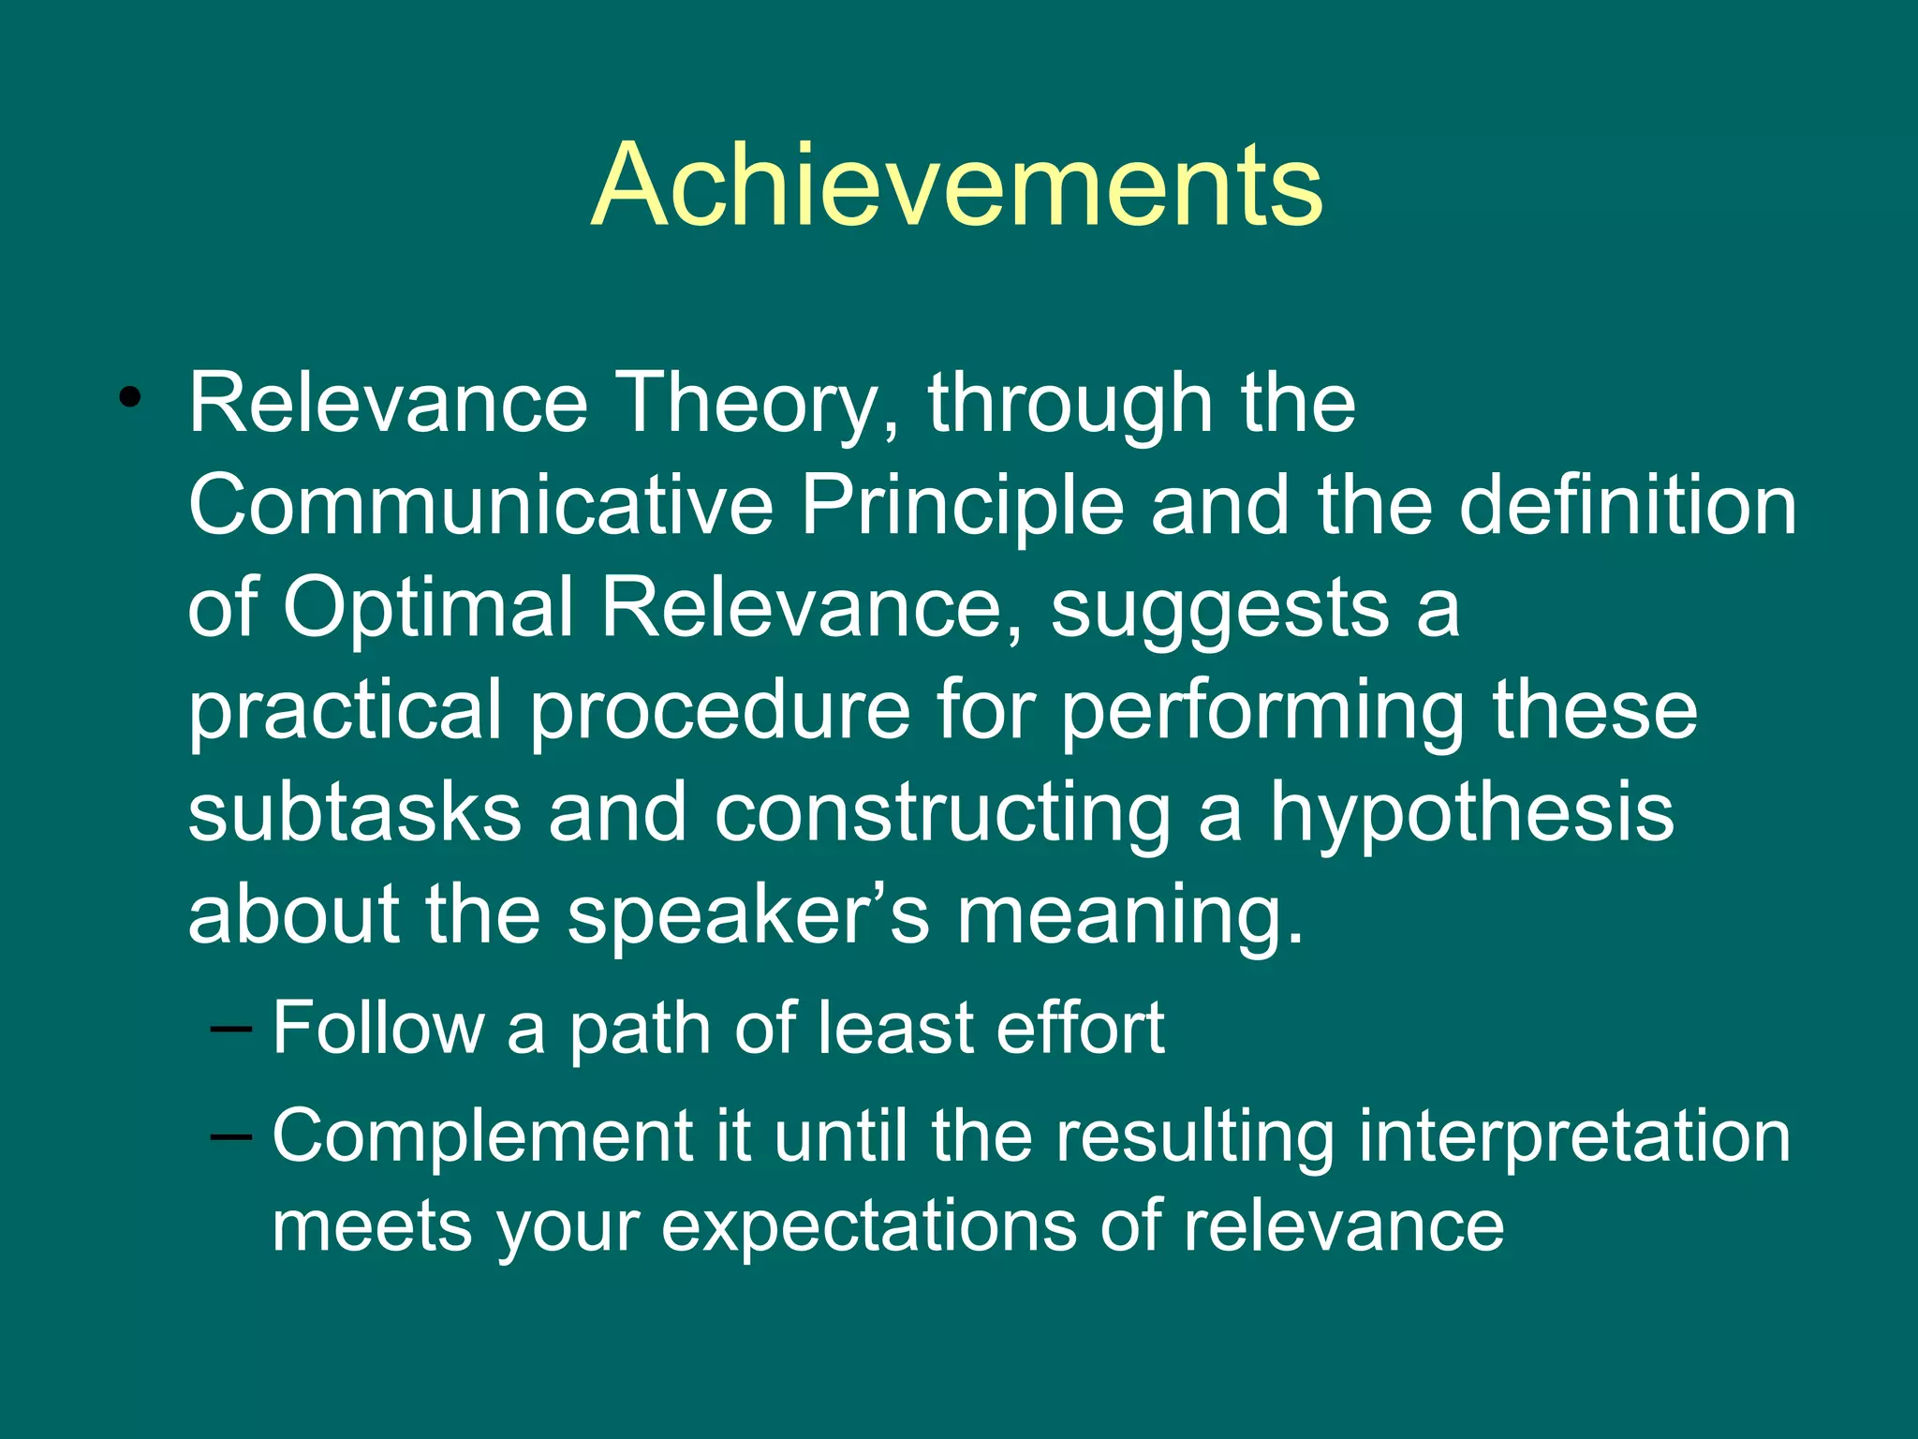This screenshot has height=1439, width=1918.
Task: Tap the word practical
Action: (x=346, y=711)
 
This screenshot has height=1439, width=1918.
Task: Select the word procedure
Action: (x=719, y=711)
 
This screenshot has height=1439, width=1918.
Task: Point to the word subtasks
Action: (x=354, y=812)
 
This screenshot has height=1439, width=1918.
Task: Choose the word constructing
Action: (x=942, y=814)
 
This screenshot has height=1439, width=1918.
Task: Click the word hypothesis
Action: (x=1471, y=814)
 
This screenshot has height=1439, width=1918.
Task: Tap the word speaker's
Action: (x=748, y=915)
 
